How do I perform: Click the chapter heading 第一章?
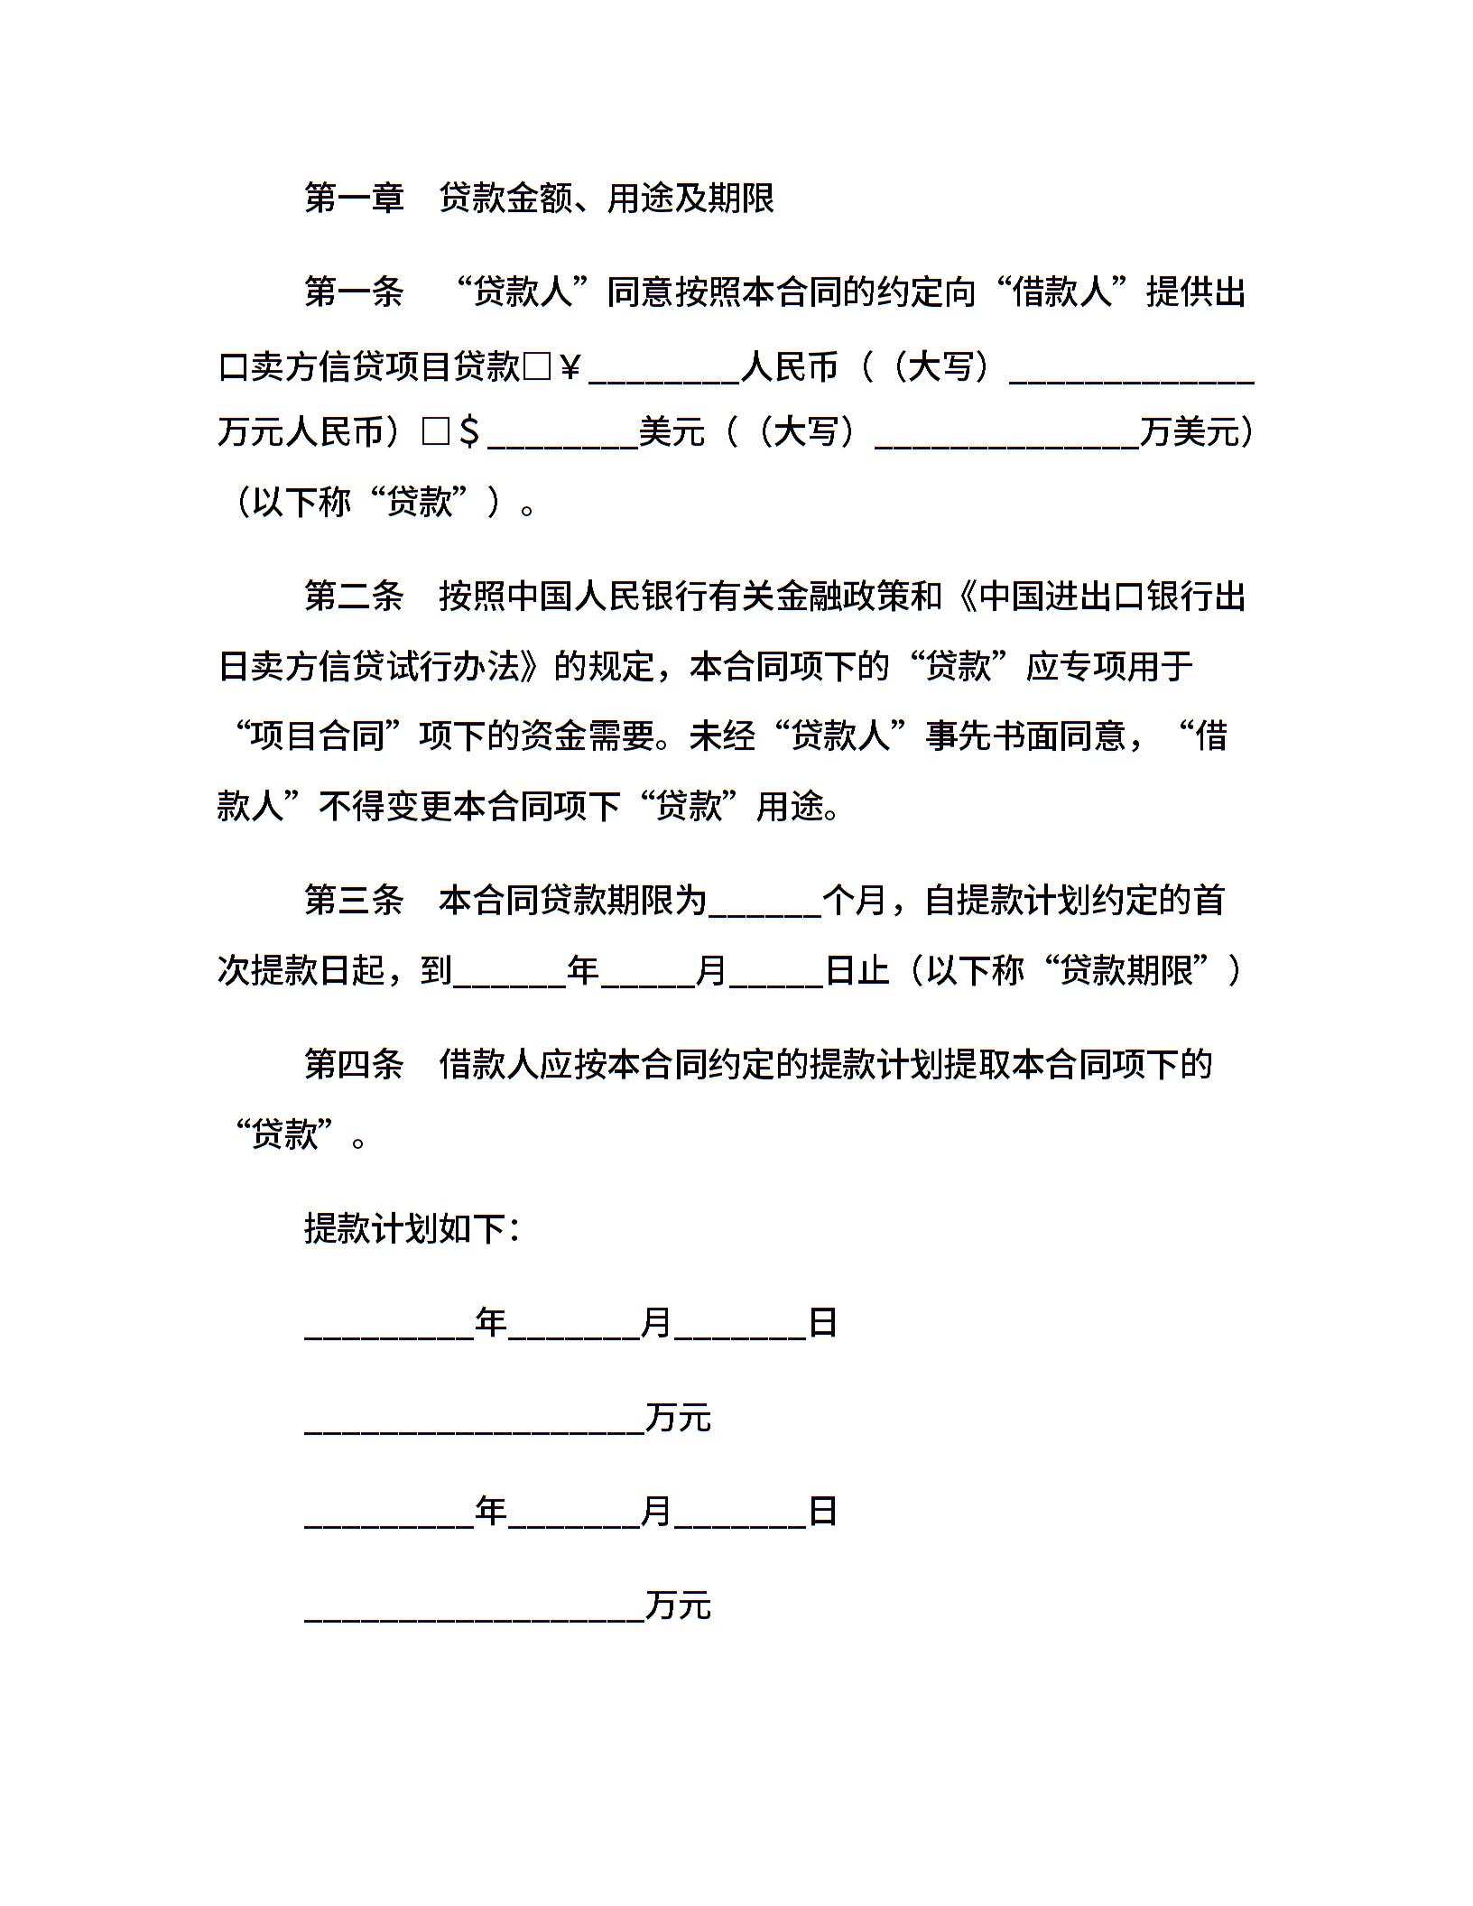354,199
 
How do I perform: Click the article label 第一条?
354,292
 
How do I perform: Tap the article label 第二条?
354,597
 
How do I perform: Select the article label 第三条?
354,900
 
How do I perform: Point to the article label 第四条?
354,1064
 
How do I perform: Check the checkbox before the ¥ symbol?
536,367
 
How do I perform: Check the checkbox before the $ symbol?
436,432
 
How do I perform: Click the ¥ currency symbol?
570,367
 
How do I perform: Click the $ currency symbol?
469,433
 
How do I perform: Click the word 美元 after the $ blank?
672,432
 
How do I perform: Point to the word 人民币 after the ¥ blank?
790,367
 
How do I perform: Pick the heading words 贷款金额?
506,199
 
